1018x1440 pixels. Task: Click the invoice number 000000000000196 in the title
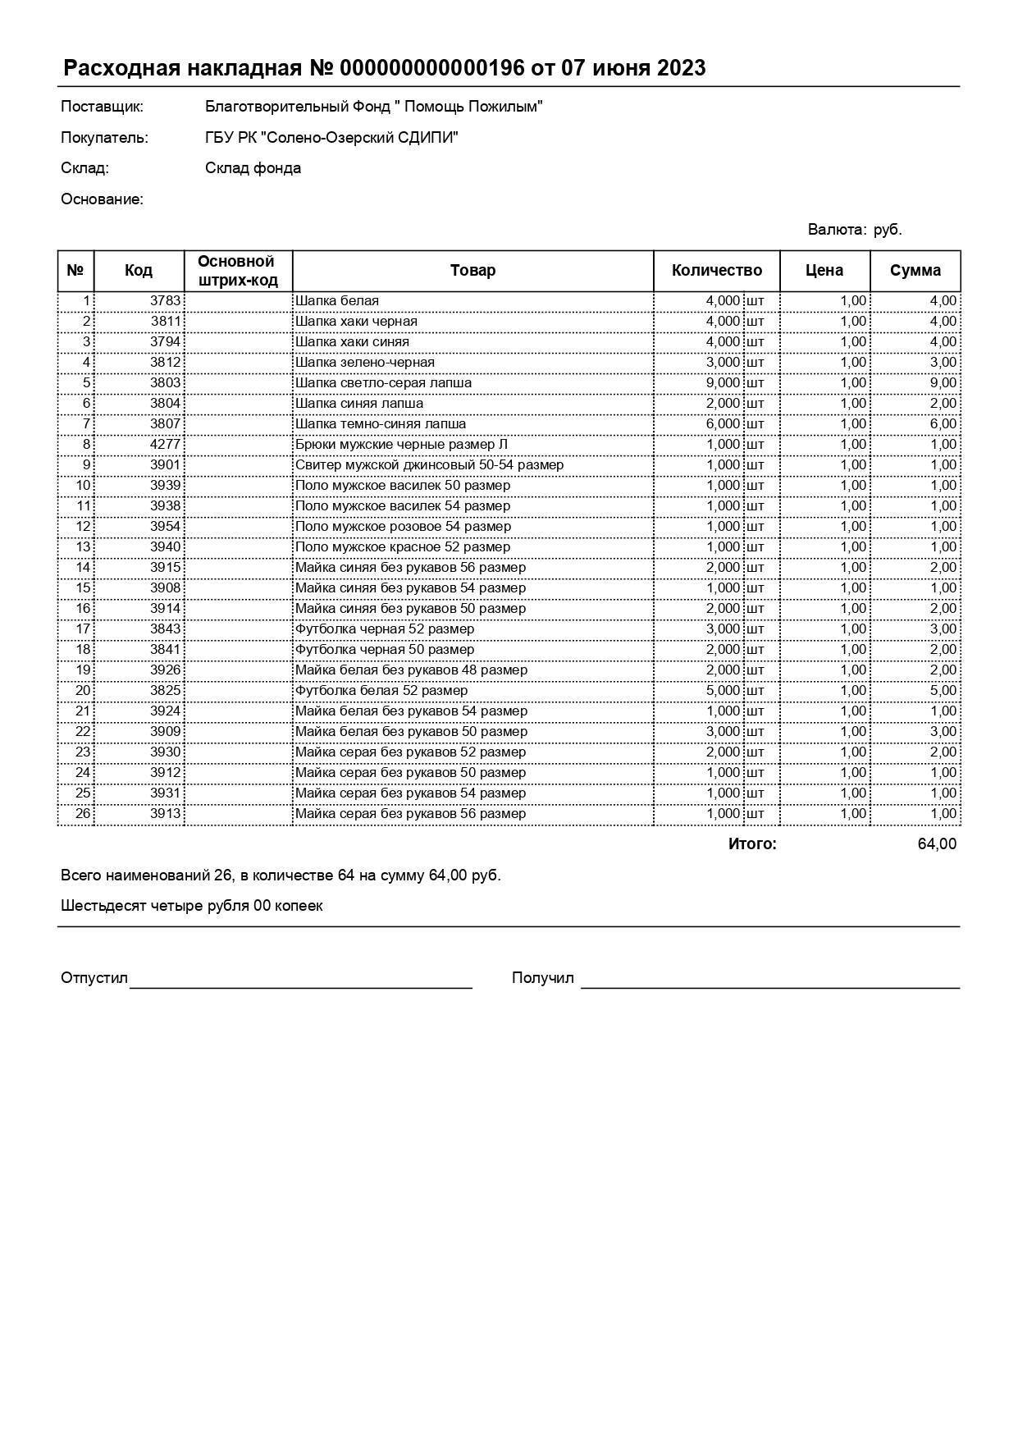[x=431, y=68]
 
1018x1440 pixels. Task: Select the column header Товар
[x=472, y=271]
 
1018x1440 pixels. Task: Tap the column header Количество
[x=716, y=271]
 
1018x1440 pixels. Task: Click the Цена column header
[x=824, y=271]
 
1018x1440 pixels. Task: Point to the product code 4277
[x=165, y=445]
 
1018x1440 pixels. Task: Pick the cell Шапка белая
[x=337, y=301]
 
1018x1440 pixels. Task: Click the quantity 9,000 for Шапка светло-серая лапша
[x=722, y=383]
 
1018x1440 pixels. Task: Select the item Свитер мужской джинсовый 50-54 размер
[x=429, y=465]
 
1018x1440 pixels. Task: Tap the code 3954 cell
[x=165, y=527]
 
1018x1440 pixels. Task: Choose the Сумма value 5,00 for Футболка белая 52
[x=943, y=691]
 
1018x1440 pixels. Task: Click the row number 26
[x=83, y=814]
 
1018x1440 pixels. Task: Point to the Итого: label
[x=751, y=844]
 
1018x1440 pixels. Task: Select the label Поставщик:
[x=102, y=107]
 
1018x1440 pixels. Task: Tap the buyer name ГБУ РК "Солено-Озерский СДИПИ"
[x=331, y=138]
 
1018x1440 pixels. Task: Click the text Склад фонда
[x=253, y=168]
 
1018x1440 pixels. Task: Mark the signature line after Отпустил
[x=300, y=987]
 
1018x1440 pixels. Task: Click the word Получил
[x=542, y=978]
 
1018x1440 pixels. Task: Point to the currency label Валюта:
[x=837, y=230]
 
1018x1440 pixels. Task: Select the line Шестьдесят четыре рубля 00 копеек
[x=191, y=906]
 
